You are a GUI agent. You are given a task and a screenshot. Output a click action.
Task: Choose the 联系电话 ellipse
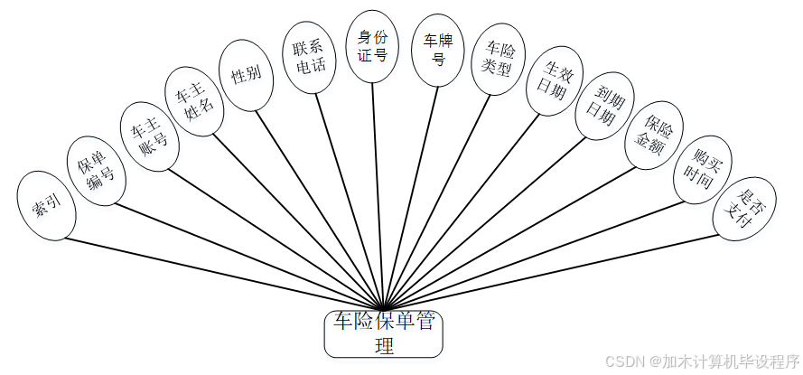303,55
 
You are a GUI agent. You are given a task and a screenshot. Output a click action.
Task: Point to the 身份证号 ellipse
372,46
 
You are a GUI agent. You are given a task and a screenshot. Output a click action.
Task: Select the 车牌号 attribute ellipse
438,49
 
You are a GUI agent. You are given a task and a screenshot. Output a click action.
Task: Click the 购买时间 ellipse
700,167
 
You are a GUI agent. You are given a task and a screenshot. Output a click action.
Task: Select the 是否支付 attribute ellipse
744,207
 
